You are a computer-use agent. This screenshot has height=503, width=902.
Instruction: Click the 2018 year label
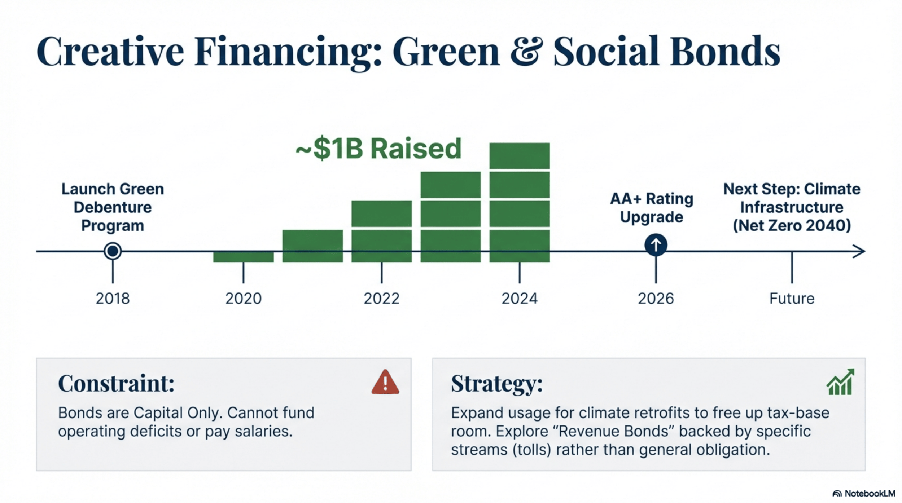point(113,299)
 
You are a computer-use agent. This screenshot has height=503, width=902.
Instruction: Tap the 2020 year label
point(243,299)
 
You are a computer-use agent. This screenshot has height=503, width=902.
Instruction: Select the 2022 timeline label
point(381,299)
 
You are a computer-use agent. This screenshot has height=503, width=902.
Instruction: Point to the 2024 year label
point(519,299)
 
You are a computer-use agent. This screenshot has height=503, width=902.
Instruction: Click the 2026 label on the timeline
point(656,299)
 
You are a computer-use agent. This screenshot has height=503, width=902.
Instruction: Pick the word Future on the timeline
point(792,299)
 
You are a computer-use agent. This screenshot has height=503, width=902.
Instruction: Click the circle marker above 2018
point(113,251)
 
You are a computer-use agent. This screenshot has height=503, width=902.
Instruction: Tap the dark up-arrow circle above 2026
point(656,245)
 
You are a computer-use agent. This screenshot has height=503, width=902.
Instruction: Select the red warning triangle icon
point(385,382)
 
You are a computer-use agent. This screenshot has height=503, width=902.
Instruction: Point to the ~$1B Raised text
point(378,149)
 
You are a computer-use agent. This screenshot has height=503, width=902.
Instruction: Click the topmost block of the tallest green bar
point(519,156)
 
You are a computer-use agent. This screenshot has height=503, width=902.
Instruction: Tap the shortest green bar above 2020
point(243,257)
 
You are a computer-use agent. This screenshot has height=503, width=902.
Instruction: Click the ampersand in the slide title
point(526,51)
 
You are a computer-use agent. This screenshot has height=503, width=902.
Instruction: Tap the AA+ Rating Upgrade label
point(652,208)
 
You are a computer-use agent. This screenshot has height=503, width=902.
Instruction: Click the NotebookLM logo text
point(869,493)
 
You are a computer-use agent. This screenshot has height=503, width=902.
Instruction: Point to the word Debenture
point(113,207)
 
